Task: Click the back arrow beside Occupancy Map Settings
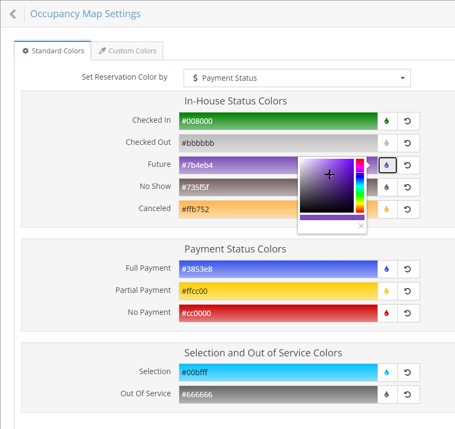(13, 14)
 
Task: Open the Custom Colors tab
(127, 51)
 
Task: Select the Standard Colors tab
(53, 51)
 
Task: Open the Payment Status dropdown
(297, 78)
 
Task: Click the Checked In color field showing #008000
(278, 121)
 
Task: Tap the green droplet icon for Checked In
(387, 121)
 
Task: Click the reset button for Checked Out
(408, 143)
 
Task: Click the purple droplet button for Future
(387, 165)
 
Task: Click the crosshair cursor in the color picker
(330, 174)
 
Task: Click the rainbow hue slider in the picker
(360, 186)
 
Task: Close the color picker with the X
(361, 226)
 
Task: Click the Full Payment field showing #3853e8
(278, 269)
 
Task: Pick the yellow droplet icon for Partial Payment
(387, 291)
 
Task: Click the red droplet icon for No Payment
(387, 313)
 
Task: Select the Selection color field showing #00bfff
(278, 372)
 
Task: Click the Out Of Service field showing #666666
(278, 394)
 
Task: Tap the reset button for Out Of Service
(408, 394)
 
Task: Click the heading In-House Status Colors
(235, 101)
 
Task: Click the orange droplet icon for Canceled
(387, 209)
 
